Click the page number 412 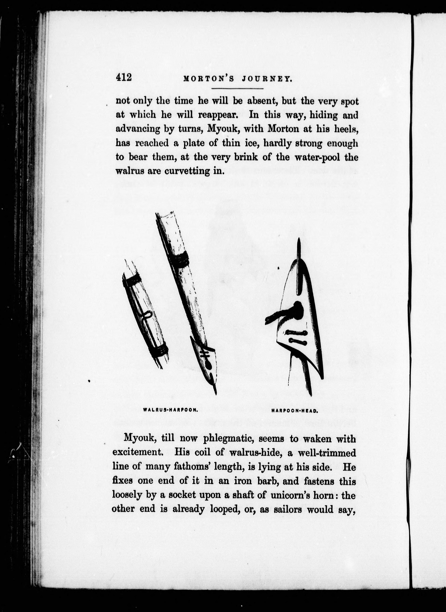124,78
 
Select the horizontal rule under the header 237,88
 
